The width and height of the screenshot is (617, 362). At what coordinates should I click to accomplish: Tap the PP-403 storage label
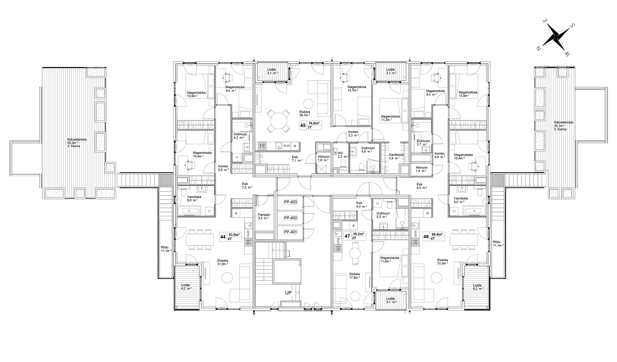point(290,202)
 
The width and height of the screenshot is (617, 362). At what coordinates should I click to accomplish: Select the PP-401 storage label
point(290,232)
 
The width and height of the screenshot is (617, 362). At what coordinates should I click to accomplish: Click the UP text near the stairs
point(288,293)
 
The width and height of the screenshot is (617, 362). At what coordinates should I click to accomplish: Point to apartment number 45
point(303,126)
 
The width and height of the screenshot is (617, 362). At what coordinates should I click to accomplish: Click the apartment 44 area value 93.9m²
point(234,235)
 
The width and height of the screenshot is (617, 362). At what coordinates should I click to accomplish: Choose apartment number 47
point(347,236)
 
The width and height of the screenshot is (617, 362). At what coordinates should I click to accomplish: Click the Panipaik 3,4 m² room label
point(264,216)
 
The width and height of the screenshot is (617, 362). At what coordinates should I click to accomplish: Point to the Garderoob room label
point(397,155)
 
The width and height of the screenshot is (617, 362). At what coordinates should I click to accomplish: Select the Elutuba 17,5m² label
point(354,276)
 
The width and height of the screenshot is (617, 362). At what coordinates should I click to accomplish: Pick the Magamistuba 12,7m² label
point(357,88)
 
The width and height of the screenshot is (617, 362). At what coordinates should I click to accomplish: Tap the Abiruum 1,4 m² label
point(421,169)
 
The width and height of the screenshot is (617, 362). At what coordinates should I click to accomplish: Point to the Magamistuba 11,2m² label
point(390,118)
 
